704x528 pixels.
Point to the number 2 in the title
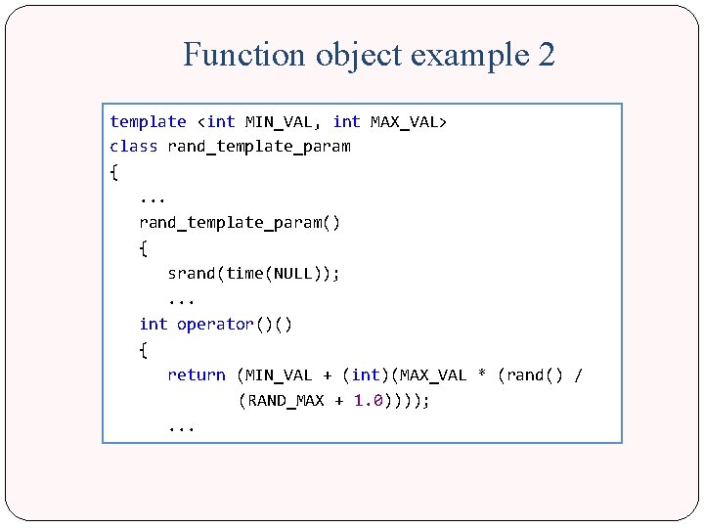tap(547, 55)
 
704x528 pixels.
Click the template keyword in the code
tap(148, 121)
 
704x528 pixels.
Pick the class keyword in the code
tap(133, 147)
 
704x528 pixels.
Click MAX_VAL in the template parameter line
tap(404, 121)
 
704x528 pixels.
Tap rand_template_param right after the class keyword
tap(259, 147)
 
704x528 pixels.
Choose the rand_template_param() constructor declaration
tap(240, 223)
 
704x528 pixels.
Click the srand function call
tap(192, 274)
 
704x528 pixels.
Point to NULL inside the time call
tap(292, 274)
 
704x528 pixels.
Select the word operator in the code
tap(215, 325)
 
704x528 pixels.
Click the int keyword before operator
tap(154, 325)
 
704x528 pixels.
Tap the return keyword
tap(196, 374)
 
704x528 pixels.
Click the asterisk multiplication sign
tap(482, 374)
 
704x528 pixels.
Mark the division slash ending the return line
tap(578, 374)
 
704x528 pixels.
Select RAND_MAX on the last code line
tap(287, 401)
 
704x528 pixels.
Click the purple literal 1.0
tap(369, 401)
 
